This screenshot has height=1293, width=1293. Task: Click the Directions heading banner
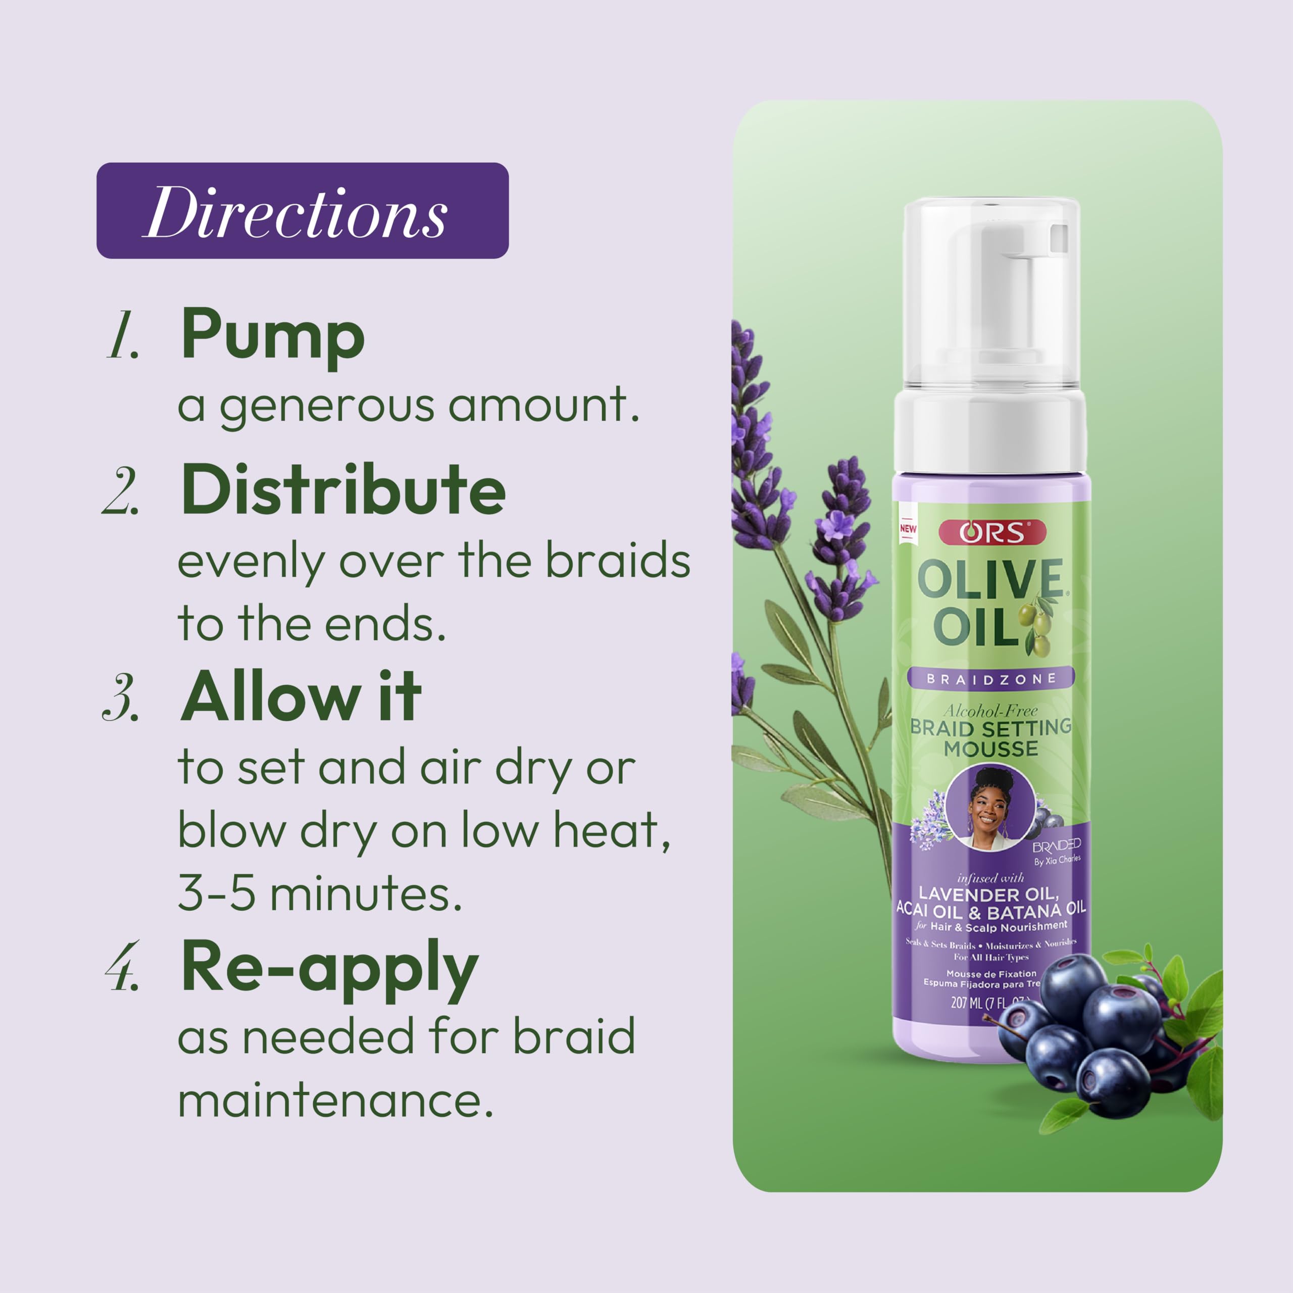click(303, 211)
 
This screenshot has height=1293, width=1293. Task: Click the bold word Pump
click(272, 334)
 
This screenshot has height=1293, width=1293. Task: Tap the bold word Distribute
click(342, 490)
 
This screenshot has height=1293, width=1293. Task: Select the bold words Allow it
click(301, 698)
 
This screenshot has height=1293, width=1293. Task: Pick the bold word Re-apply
click(329, 968)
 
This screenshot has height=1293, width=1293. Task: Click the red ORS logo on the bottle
click(992, 533)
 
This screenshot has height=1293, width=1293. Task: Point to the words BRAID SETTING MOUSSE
click(990, 737)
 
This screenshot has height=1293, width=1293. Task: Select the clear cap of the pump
click(990, 294)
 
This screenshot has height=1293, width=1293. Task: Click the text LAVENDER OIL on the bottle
click(988, 894)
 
